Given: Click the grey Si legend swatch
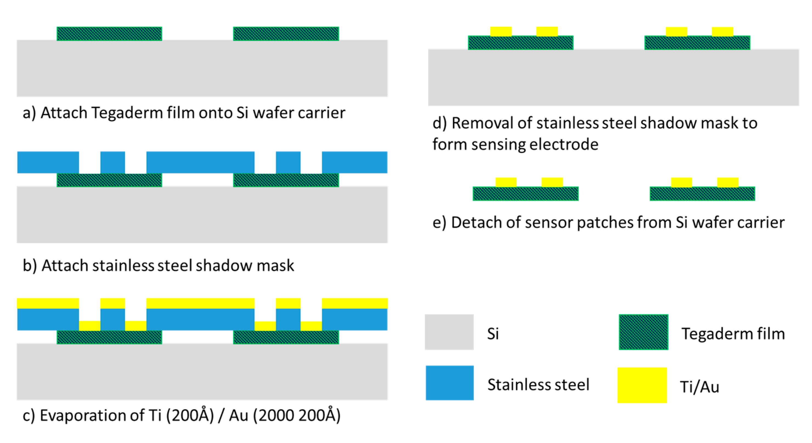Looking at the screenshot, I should tap(449, 332).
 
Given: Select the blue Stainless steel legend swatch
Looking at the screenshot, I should tap(449, 382).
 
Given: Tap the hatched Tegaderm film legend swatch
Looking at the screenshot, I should tap(643, 332).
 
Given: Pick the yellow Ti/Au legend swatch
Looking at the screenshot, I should tap(642, 385).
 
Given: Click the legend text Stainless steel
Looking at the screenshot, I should tap(538, 384).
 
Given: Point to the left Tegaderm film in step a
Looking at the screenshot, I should tap(109, 34).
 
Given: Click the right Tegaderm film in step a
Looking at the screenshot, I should tap(286, 34).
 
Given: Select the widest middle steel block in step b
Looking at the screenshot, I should tap(200, 162).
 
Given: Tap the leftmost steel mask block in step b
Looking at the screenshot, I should tap(48, 162).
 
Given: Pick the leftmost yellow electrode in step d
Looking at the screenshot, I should tap(500, 32).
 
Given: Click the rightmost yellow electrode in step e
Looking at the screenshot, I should tap(728, 182).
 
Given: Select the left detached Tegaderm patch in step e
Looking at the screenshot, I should tap(525, 194).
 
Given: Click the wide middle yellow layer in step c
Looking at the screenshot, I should tap(200, 303).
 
